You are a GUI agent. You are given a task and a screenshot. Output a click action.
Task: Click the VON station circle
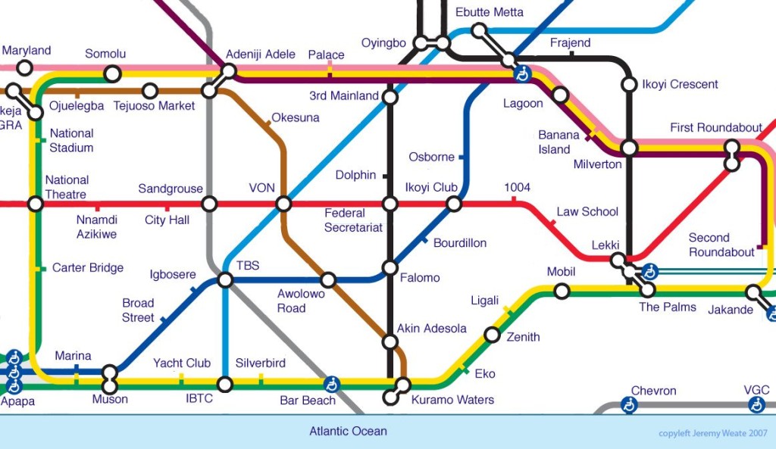point(283,204)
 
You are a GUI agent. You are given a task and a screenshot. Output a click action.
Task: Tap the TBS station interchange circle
point(225,280)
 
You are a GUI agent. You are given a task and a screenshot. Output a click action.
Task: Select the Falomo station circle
point(390,267)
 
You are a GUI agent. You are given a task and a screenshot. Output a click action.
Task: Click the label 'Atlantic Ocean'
point(348,432)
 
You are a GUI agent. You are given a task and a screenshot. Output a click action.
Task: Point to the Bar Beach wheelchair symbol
point(331,383)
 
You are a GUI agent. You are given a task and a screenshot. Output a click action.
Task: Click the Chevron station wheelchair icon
point(628,406)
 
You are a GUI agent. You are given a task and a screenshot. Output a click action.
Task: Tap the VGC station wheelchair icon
point(756,406)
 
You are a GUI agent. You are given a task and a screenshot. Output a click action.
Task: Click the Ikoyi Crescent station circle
point(628,84)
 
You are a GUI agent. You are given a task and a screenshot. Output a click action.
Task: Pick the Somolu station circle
point(113,73)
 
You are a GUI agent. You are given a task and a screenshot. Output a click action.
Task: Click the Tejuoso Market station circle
point(150,91)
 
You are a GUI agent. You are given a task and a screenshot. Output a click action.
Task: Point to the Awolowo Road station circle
point(328,280)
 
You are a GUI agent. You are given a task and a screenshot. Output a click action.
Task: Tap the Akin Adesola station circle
point(390,342)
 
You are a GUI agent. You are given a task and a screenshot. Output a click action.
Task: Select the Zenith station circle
point(492,335)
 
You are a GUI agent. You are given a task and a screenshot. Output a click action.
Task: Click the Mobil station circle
point(562,291)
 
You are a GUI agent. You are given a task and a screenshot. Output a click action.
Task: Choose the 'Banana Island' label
point(559,142)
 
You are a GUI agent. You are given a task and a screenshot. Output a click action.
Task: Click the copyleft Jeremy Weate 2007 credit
point(712,434)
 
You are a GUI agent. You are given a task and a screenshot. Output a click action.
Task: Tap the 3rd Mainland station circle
point(390,97)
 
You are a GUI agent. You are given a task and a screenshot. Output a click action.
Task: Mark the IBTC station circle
point(225,384)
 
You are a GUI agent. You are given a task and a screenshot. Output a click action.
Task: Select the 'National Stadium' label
point(71,141)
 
